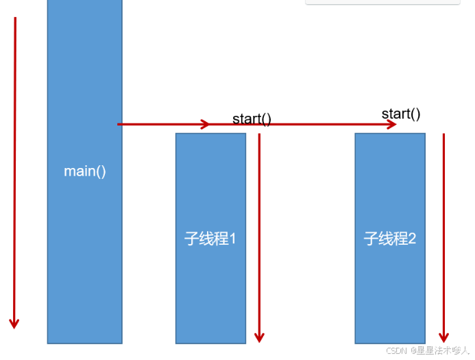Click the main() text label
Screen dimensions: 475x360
click(85, 171)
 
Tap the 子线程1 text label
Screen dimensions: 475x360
click(210, 239)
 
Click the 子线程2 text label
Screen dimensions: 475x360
click(389, 239)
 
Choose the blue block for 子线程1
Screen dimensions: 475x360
click(210, 295)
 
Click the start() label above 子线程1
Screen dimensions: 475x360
click(252, 119)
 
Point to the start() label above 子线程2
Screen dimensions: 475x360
click(401, 114)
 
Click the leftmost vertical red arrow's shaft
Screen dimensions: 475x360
click(14, 171)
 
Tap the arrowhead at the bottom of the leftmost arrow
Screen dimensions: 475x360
click(14, 322)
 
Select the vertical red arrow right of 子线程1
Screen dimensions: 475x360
click(259, 233)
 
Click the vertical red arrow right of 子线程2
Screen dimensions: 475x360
click(443, 233)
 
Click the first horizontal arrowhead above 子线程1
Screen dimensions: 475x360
click(205, 124)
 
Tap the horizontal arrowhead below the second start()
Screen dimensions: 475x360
click(391, 124)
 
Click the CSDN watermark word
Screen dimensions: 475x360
click(397, 350)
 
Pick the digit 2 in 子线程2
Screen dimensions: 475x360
click(411, 239)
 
